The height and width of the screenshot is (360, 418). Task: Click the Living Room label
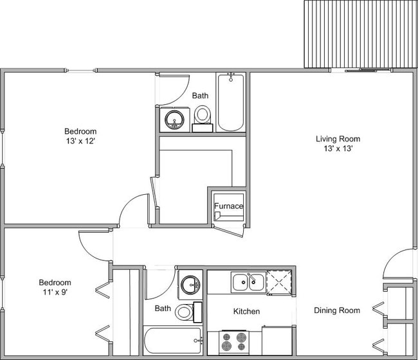pos(338,138)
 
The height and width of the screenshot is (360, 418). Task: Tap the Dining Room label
pos(336,310)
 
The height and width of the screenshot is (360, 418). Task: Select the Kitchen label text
pos(246,311)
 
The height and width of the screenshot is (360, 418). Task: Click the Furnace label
pos(228,206)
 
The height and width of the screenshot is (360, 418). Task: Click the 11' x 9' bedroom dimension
pos(55,292)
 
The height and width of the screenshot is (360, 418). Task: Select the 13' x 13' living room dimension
pos(338,148)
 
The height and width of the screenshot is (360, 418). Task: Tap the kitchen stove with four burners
pos(233,341)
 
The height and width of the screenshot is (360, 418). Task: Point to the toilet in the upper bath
pos(203,116)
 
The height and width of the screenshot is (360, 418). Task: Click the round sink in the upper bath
pos(174,120)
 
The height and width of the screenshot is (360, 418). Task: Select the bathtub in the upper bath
pos(230,103)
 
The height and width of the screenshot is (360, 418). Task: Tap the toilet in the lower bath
pos(185,312)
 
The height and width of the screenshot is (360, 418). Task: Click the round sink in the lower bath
pos(190,284)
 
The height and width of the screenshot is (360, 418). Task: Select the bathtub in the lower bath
pos(172,341)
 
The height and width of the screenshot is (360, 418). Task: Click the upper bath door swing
pos(174,89)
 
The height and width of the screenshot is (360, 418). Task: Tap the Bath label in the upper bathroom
pos(201,96)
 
